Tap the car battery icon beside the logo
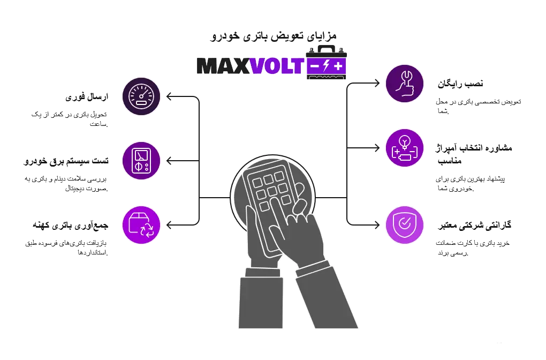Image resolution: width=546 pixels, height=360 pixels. (326, 65)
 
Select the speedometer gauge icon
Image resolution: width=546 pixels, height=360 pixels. (141, 96)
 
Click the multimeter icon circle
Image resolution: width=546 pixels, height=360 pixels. (141, 160)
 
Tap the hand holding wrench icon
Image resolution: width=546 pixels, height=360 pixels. (405, 84)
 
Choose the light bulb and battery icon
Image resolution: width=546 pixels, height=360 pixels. (405, 148)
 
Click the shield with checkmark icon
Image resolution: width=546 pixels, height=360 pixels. (405, 225)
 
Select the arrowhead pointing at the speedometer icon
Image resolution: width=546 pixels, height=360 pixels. (169, 97)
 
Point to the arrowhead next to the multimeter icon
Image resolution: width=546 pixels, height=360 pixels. (169, 160)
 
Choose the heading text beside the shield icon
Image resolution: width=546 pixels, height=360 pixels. (475, 226)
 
